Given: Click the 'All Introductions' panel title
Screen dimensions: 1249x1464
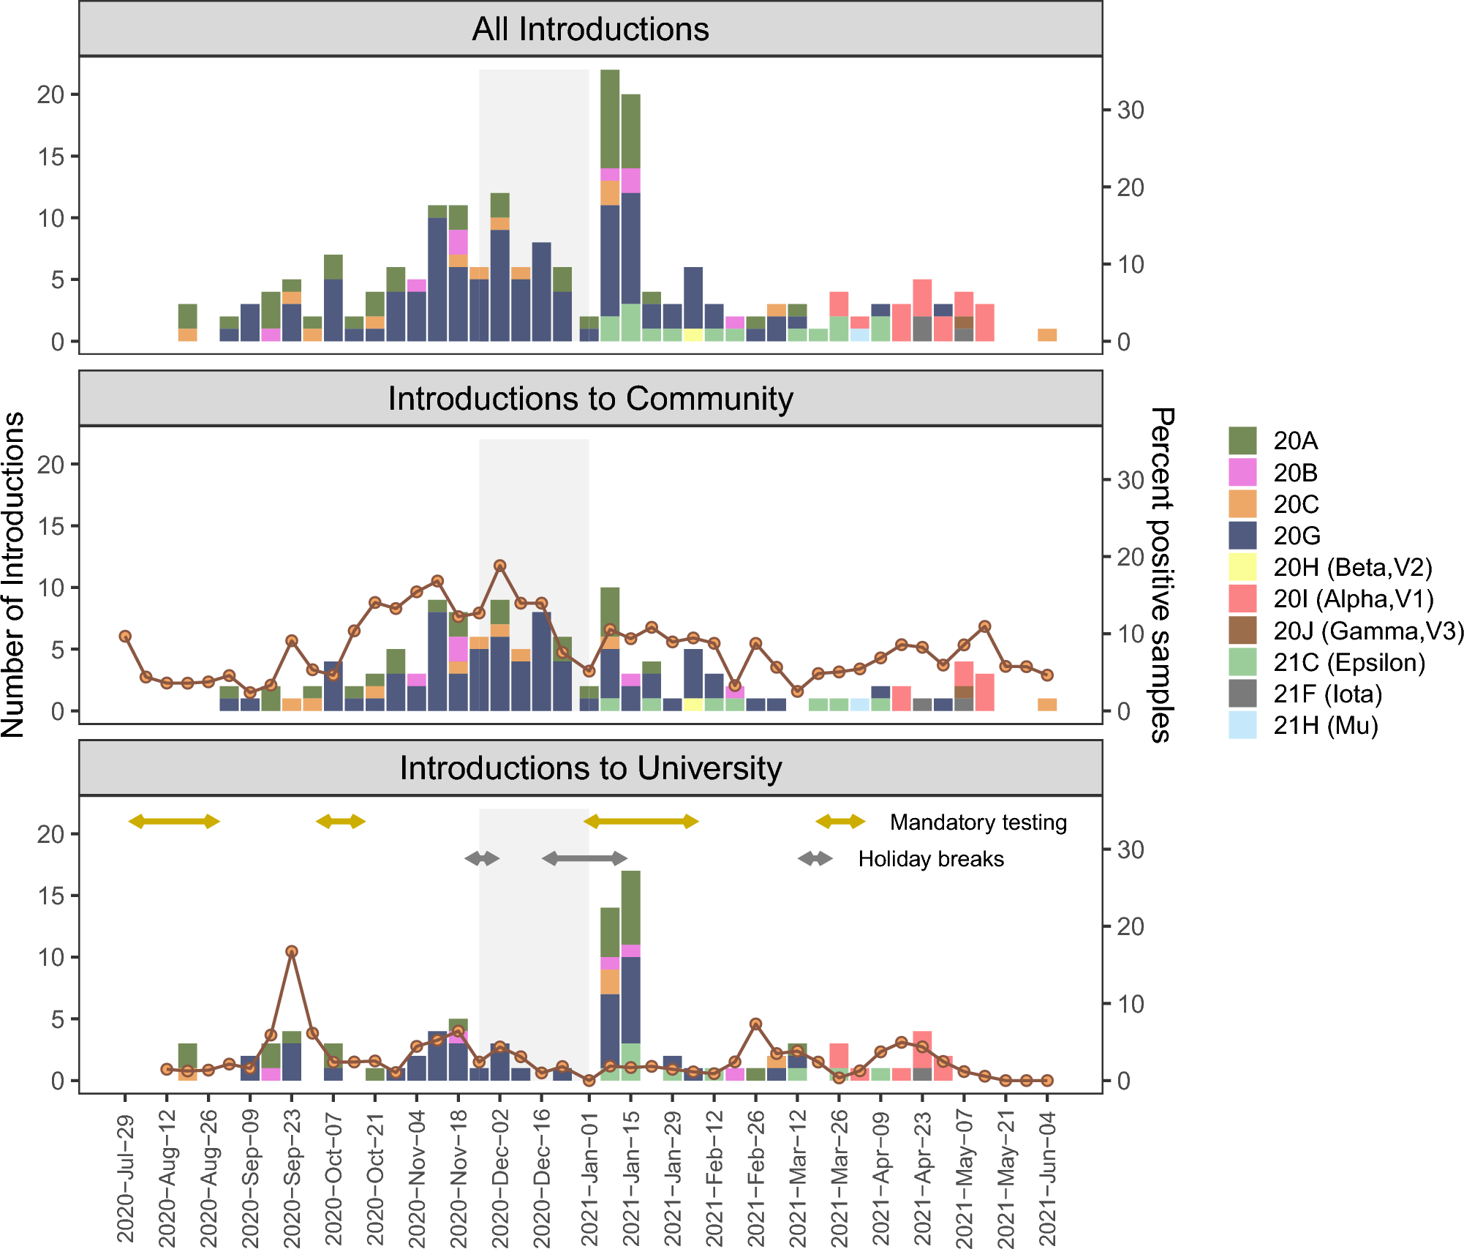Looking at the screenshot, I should pyautogui.click(x=590, y=29).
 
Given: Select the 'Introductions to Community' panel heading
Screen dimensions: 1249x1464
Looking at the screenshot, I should pyautogui.click(x=590, y=399).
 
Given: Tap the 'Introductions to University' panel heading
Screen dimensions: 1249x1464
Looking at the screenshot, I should pyautogui.click(x=590, y=768).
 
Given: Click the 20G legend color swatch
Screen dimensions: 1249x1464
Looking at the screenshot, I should pyautogui.click(x=1242, y=536).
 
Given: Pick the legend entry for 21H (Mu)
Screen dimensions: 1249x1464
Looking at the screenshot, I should pyautogui.click(x=1325, y=726).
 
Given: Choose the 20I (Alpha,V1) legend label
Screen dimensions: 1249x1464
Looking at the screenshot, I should pyautogui.click(x=1353, y=599).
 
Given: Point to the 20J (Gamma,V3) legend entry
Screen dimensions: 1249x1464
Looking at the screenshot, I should pyautogui.click(x=1367, y=631).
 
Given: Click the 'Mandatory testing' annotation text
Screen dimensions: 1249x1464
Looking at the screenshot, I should pyautogui.click(x=978, y=822).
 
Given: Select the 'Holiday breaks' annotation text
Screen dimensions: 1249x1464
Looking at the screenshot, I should pyautogui.click(x=930, y=859).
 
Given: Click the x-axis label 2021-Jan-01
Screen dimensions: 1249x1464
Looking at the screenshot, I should pyautogui.click(x=589, y=1178).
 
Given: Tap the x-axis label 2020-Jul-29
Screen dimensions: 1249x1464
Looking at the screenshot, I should pyautogui.click(x=126, y=1178).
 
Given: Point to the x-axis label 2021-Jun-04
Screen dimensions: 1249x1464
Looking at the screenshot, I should pyautogui.click(x=1047, y=1178).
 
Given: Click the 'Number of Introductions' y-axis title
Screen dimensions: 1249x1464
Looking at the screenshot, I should pyautogui.click(x=13, y=574).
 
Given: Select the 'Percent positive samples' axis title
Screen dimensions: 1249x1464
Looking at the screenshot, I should pyautogui.click(x=1161, y=574).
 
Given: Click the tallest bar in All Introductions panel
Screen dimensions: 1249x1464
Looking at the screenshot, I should pyautogui.click(x=610, y=205).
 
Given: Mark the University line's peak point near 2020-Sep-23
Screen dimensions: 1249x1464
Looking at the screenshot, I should pyautogui.click(x=292, y=952).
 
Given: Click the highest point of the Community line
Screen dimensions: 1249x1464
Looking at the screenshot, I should pyautogui.click(x=500, y=566).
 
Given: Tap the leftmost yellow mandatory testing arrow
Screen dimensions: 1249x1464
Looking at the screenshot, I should pyautogui.click(x=174, y=822).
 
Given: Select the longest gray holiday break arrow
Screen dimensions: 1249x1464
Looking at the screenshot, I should pyautogui.click(x=584, y=858).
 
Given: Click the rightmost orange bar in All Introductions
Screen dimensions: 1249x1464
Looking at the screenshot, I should pyautogui.click(x=1047, y=335).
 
